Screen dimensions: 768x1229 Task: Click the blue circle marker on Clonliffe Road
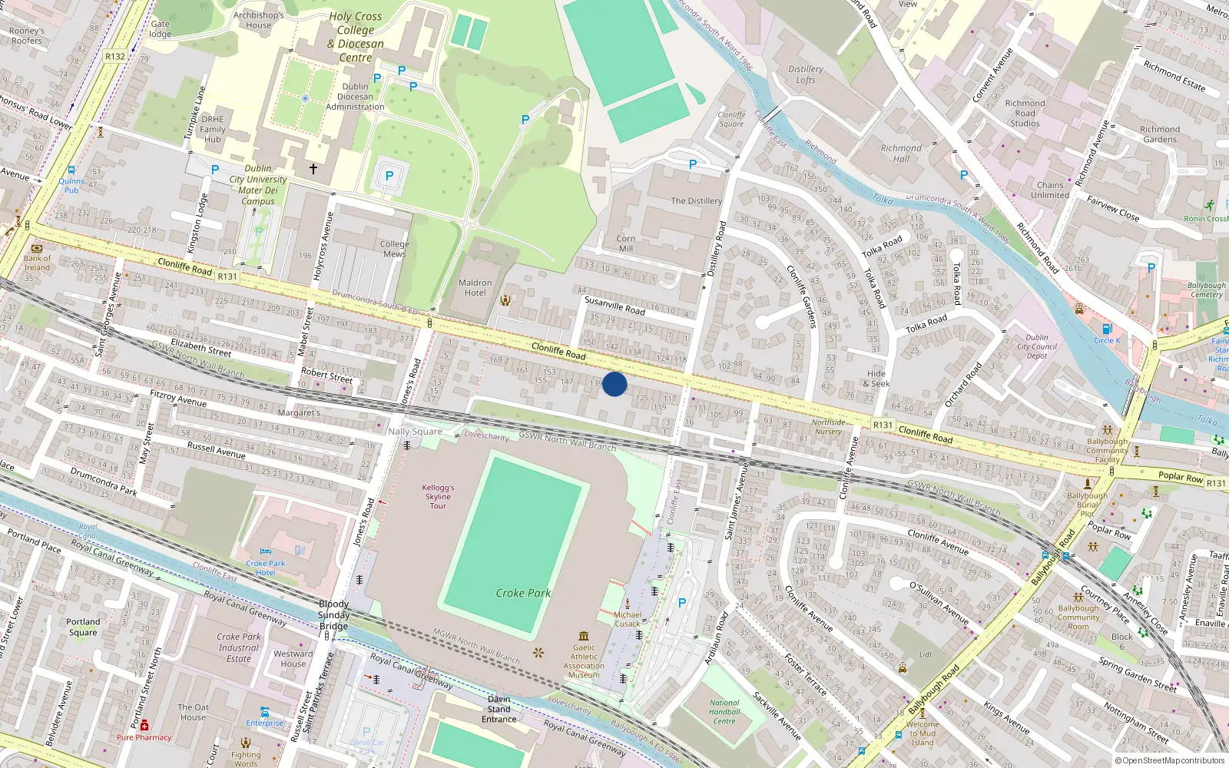614,384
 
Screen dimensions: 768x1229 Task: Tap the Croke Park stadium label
523,593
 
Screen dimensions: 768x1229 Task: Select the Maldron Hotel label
475,287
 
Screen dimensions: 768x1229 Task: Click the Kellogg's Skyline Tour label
438,496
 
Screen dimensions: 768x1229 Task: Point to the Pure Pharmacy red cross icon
144,725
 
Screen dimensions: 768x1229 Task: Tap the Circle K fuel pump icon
1107,329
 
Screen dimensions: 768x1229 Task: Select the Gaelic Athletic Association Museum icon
584,636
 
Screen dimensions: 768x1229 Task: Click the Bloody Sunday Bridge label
334,615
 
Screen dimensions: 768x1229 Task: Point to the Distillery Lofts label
806,74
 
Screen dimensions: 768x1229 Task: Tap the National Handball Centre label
724,712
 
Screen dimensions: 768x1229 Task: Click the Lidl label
926,655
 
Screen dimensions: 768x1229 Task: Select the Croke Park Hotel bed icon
265,551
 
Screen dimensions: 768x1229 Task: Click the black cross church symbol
313,168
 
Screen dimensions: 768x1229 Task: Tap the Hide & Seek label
876,379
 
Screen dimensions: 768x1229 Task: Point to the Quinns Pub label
71,185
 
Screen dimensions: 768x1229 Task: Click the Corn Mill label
626,243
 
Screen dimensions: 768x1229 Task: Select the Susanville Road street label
614,306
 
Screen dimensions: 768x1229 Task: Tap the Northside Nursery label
828,427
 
